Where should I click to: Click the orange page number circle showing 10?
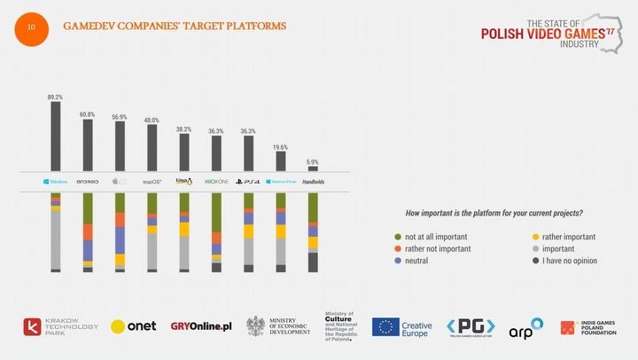(32, 27)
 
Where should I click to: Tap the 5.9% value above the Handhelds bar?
(312, 160)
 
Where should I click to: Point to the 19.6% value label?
(280, 146)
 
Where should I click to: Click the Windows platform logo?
(55, 181)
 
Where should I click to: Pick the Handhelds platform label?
(313, 181)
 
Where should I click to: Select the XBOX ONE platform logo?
(217, 181)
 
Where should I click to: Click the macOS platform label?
(152, 181)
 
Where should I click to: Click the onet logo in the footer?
(134, 326)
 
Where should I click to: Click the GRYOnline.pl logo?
(201, 326)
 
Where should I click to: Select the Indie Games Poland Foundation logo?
(587, 326)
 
